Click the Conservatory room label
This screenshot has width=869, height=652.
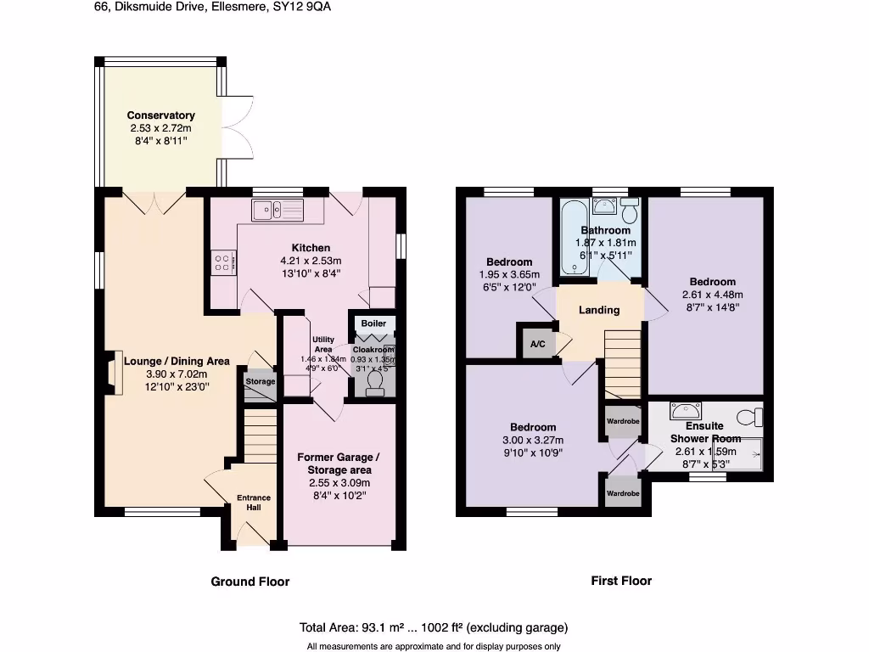coord(161,115)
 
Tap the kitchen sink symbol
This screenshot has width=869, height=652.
coord(276,209)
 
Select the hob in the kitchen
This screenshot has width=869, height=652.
coord(223,263)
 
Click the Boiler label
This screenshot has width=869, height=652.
coord(373,323)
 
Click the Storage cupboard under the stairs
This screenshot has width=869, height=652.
coord(261,381)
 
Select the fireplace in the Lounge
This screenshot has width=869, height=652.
coord(112,374)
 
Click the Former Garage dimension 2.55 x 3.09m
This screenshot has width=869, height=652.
coord(334,482)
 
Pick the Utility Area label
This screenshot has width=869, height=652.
coord(323,344)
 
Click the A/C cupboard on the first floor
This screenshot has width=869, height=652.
coord(537,343)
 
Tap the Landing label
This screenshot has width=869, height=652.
coord(599,310)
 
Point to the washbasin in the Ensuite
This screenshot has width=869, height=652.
coord(682,411)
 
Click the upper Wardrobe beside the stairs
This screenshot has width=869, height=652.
coord(622,421)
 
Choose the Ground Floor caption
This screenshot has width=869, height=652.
coord(250,582)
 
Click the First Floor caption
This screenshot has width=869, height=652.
coord(621,581)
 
